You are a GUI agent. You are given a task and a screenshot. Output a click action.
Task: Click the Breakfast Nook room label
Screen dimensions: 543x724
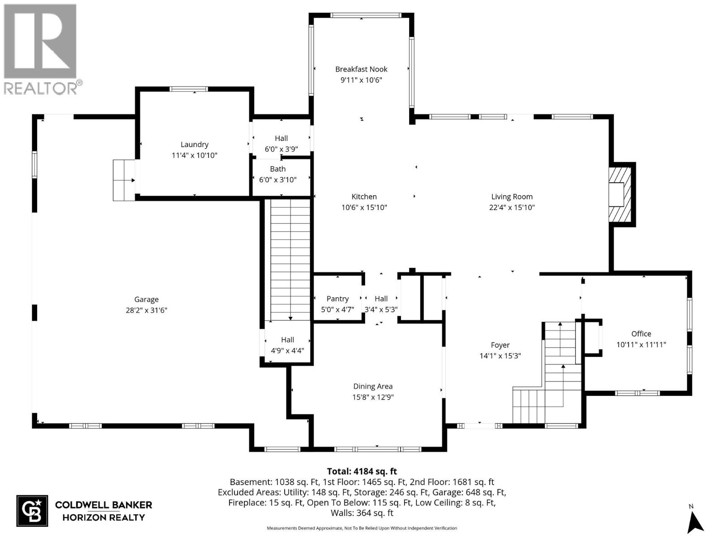pyautogui.click(x=361, y=69)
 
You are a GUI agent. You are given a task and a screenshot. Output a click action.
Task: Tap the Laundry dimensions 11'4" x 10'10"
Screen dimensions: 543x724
pyautogui.click(x=194, y=155)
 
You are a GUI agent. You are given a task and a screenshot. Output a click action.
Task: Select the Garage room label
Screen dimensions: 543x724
pyautogui.click(x=146, y=299)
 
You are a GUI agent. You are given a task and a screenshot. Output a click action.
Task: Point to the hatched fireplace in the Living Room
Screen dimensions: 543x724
pyautogui.click(x=619, y=195)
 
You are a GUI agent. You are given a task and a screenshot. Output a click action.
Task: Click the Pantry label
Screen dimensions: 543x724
pyautogui.click(x=338, y=299)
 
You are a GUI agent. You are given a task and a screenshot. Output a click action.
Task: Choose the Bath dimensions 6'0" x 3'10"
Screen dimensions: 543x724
pyautogui.click(x=277, y=180)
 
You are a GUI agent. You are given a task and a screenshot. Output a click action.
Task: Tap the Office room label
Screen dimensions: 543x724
pyautogui.click(x=641, y=333)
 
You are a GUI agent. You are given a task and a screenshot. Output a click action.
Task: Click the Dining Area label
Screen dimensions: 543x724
pyautogui.click(x=372, y=386)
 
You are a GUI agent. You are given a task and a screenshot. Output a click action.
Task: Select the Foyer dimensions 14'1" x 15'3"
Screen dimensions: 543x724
pyautogui.click(x=500, y=356)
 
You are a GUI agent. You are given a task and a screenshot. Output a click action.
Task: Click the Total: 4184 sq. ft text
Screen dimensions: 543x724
pyautogui.click(x=362, y=472)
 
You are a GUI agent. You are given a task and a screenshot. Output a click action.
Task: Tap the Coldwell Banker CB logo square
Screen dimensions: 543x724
pyautogui.click(x=32, y=511)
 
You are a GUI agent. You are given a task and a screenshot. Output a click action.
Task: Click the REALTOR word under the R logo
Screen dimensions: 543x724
pyautogui.click(x=40, y=88)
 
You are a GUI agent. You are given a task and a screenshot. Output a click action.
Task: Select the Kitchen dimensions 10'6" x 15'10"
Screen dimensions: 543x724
pyautogui.click(x=364, y=207)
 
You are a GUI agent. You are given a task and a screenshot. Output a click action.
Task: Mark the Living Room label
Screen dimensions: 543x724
pyautogui.click(x=512, y=196)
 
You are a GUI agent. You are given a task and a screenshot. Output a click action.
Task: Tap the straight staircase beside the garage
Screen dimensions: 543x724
pyautogui.click(x=290, y=260)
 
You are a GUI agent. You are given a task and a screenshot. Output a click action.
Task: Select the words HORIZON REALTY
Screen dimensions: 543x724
pyautogui.click(x=103, y=517)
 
